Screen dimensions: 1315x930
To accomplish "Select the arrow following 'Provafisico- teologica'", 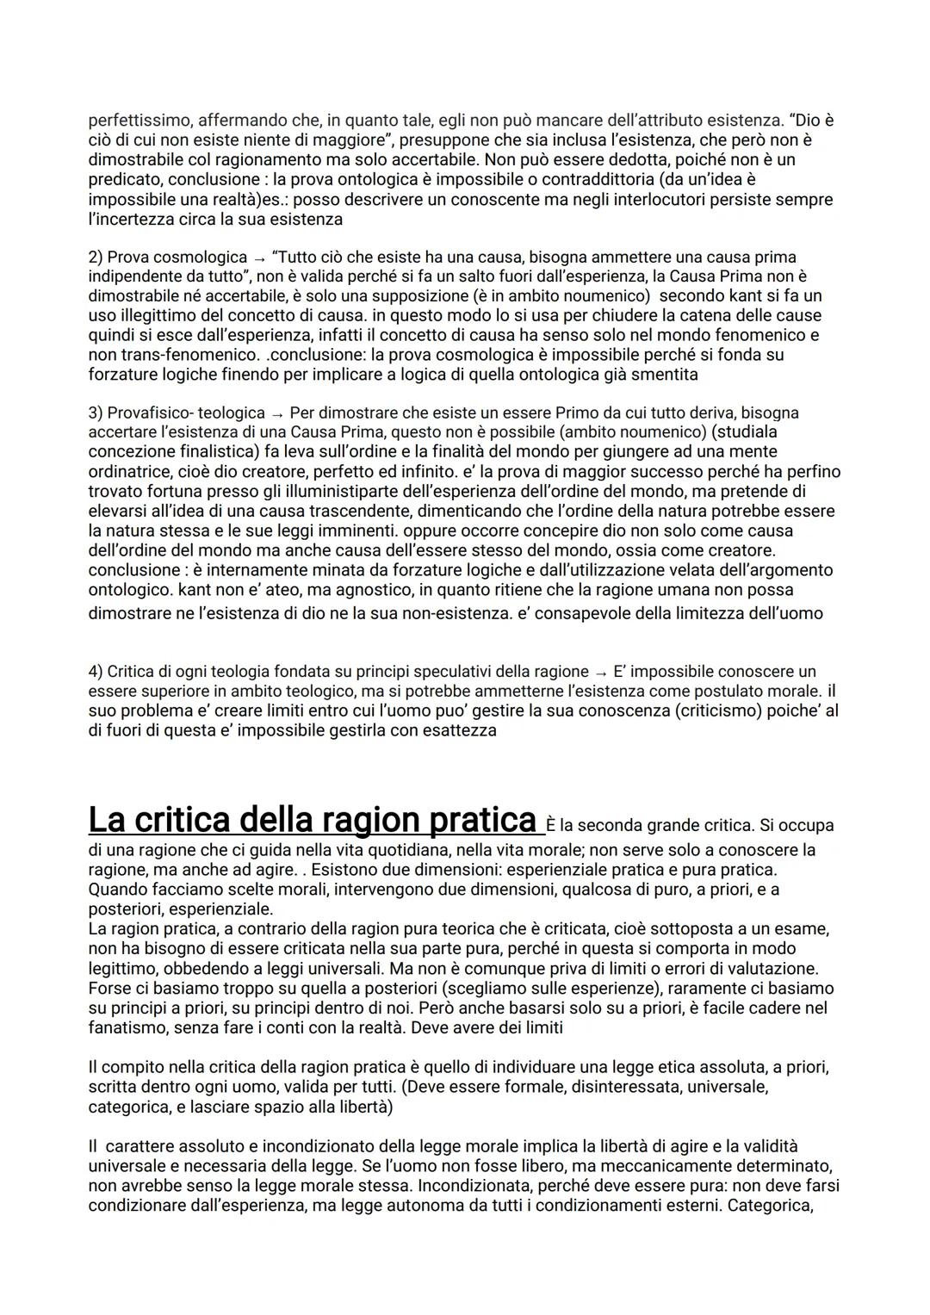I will pos(276,413).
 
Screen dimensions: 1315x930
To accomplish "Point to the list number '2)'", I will pos(96,257).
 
